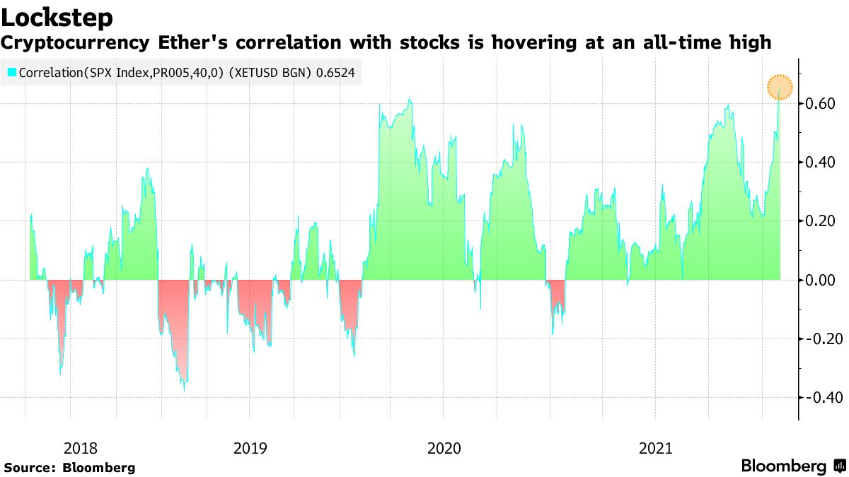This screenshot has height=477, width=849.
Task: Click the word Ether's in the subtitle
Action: tap(202, 43)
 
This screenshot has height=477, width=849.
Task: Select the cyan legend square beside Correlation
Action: tap(12, 72)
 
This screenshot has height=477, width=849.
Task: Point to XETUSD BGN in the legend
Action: tap(277, 72)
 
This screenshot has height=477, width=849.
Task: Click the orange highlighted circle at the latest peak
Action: tap(780, 88)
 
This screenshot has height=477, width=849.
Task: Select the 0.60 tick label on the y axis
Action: tap(820, 104)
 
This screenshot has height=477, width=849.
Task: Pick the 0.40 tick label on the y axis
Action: tap(820, 163)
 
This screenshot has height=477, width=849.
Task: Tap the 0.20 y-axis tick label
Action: tap(820, 221)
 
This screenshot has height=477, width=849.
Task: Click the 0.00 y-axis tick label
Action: tap(820, 280)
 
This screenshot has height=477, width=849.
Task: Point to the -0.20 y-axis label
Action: tap(819, 338)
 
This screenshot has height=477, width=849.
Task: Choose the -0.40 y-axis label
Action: tap(819, 397)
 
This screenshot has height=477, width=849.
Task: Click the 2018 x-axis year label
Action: tap(81, 448)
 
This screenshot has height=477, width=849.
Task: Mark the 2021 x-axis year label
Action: tap(655, 448)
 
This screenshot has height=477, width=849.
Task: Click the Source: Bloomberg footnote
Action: tap(70, 467)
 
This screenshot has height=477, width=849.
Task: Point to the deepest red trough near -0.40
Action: tap(185, 387)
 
